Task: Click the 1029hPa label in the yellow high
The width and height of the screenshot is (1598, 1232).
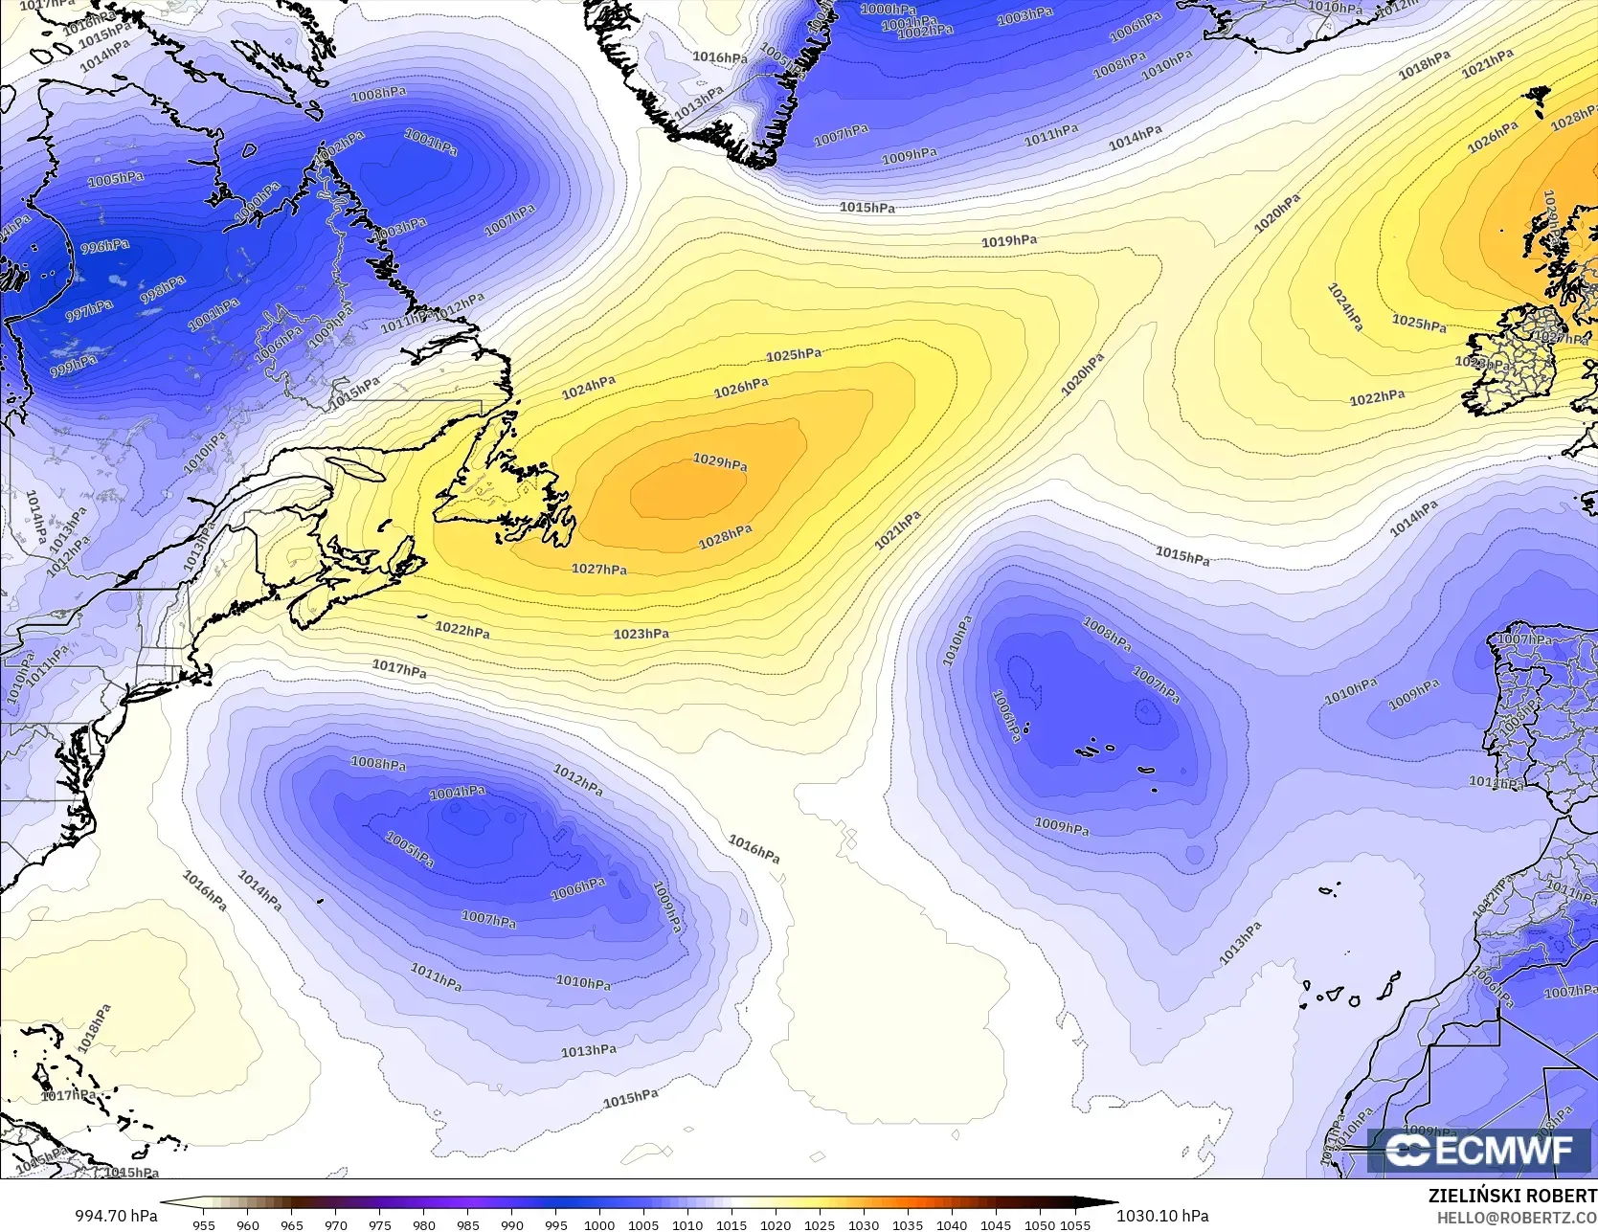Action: (x=720, y=462)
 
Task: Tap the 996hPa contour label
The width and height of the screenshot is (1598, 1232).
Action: (x=105, y=247)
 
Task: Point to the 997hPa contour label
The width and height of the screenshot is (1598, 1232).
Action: (x=89, y=310)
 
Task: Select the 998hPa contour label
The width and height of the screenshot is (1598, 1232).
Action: (x=163, y=289)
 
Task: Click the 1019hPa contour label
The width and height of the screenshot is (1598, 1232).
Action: (x=1009, y=241)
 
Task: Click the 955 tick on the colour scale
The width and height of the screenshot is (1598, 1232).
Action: (x=204, y=1224)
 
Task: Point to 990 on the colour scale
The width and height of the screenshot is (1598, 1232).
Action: (x=511, y=1224)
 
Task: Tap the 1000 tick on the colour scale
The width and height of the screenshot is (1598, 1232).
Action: (x=599, y=1224)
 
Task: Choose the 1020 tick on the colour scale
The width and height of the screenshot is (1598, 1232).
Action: (x=776, y=1224)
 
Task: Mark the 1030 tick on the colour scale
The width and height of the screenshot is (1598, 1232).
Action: (x=864, y=1224)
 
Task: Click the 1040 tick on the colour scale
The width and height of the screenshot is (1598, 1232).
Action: (x=952, y=1224)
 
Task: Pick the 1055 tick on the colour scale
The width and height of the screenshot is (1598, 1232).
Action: (x=1075, y=1224)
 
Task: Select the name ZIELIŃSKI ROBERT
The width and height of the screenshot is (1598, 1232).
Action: (x=1512, y=1196)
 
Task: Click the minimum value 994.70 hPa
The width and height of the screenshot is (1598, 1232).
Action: (x=116, y=1216)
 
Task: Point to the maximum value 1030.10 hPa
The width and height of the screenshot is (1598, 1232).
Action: (x=1162, y=1216)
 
